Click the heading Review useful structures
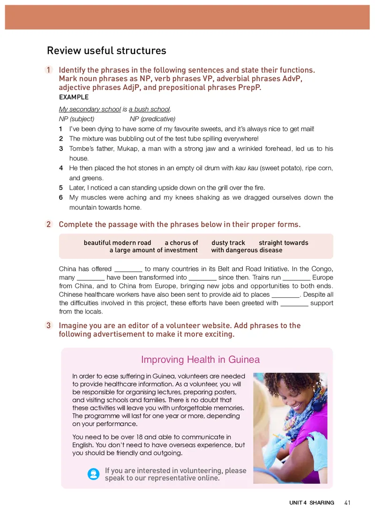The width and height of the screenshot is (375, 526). [106, 51]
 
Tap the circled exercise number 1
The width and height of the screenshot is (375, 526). [49, 70]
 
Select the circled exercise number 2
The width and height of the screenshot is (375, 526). [49, 225]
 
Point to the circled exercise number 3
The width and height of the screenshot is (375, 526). [49, 326]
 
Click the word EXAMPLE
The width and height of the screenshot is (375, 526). [74, 98]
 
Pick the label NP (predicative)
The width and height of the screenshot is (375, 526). [152, 119]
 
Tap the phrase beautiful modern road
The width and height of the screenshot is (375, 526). [117, 243]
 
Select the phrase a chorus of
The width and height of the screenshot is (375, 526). [181, 243]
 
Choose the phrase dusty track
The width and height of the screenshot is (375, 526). [228, 243]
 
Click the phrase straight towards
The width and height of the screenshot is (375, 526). [283, 243]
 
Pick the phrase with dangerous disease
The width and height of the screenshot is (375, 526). [247, 250]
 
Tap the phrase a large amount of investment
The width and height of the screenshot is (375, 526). [153, 250]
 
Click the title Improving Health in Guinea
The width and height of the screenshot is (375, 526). [200, 360]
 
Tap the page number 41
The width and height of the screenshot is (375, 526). [347, 503]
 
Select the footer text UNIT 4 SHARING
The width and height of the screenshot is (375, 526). [312, 503]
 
